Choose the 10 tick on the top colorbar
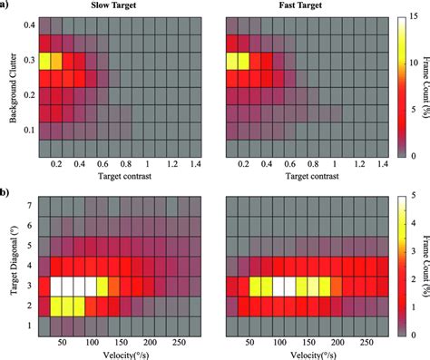click(414, 63)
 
